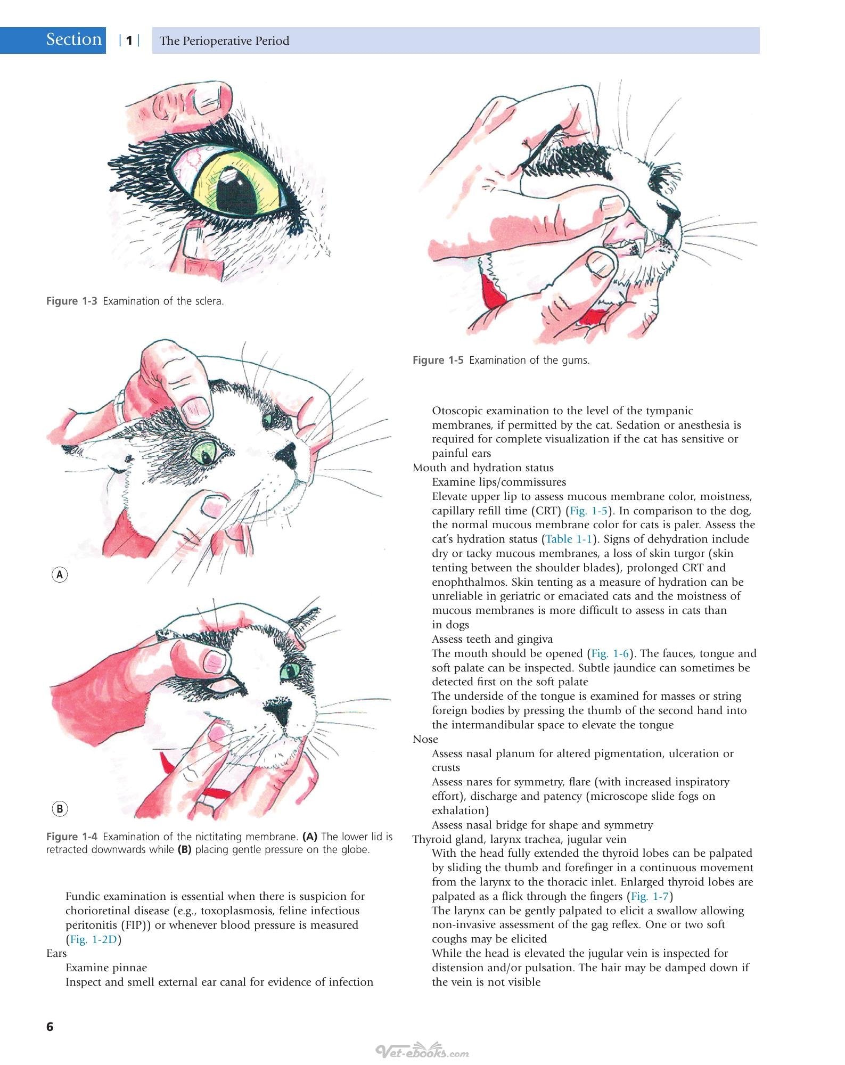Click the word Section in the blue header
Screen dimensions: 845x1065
(x=73, y=39)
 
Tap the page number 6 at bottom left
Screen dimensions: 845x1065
(x=50, y=1026)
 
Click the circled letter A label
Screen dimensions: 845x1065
(x=60, y=575)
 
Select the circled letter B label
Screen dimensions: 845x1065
(x=60, y=809)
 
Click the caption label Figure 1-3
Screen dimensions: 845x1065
(x=71, y=301)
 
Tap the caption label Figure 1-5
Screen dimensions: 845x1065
(x=438, y=360)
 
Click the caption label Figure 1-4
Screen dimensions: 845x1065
(x=71, y=837)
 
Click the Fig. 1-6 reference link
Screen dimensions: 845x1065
(x=610, y=653)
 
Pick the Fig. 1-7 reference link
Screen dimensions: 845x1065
(x=650, y=896)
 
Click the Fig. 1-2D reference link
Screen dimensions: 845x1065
(x=93, y=939)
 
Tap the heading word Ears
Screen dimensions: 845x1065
(x=56, y=953)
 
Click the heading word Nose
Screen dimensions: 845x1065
(x=425, y=739)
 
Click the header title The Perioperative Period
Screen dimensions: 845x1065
(x=224, y=41)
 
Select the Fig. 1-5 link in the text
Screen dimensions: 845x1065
(x=588, y=511)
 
